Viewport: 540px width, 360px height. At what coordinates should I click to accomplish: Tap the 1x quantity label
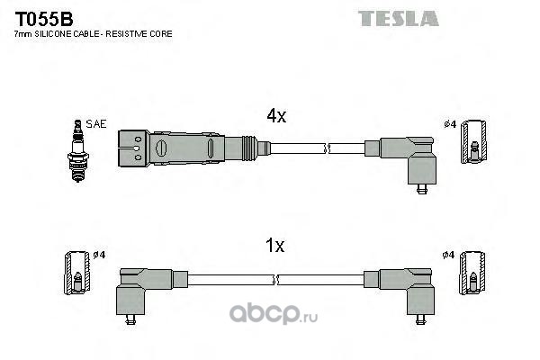click(x=275, y=246)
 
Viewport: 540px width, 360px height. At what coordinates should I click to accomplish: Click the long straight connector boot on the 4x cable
click(x=189, y=147)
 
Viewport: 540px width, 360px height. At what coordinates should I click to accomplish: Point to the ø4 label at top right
click(x=449, y=124)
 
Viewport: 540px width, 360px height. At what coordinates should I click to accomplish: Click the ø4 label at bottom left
click(x=99, y=255)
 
